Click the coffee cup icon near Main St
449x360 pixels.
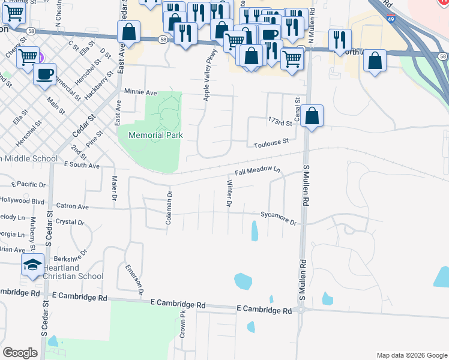[x=44, y=74]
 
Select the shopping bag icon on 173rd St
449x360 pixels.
[x=312, y=115]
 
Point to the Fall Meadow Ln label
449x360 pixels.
[x=258, y=171]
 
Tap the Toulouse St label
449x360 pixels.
[x=271, y=142]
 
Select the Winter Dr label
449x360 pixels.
[x=229, y=193]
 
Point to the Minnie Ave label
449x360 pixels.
[x=140, y=92]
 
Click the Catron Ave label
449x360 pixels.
[x=72, y=206]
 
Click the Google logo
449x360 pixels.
[x=20, y=352]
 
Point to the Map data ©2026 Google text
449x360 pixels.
[x=411, y=355]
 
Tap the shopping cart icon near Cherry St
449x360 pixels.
[x=28, y=57]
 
